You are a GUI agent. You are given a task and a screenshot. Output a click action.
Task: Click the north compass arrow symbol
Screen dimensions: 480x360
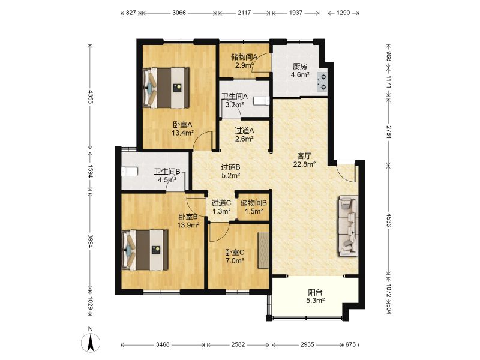click(x=91, y=342)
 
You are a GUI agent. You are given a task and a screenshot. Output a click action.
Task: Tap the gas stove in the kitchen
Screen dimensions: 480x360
click(x=323, y=82)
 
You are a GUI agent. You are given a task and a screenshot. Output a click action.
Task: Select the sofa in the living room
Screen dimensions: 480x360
click(x=349, y=226)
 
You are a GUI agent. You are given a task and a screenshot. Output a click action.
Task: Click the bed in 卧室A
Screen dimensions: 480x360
click(x=166, y=88)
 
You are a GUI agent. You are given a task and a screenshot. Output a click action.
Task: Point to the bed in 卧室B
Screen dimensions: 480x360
click(x=145, y=250)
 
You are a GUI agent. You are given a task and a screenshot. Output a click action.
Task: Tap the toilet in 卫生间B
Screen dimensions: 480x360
click(x=129, y=172)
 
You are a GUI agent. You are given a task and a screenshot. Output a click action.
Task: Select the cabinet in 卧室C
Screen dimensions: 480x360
click(x=263, y=250)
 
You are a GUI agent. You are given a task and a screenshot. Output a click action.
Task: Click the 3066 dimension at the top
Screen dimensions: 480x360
click(x=179, y=13)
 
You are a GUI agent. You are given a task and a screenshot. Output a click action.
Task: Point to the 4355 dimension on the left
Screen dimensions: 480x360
click(x=91, y=97)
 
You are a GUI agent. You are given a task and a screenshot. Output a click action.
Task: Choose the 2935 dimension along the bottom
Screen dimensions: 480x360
click(x=307, y=344)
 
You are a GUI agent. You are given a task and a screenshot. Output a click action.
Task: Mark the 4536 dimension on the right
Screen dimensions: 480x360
click(x=388, y=220)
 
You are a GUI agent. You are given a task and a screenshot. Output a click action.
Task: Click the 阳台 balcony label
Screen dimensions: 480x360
click(x=316, y=292)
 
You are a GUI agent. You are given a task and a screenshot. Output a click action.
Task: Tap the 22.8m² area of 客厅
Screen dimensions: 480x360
click(x=304, y=164)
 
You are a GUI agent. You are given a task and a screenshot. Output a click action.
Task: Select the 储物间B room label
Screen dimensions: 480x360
click(x=253, y=203)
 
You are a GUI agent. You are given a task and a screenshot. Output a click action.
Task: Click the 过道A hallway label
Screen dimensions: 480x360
click(x=244, y=130)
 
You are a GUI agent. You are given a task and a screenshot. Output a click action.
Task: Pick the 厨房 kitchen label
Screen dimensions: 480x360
click(x=299, y=66)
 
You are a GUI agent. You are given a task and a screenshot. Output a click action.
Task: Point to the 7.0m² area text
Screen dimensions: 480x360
click(x=235, y=261)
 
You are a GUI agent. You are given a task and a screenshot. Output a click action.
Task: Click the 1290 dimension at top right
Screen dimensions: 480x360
click(x=343, y=13)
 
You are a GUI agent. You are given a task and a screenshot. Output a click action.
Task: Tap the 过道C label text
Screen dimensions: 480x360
click(x=221, y=203)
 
